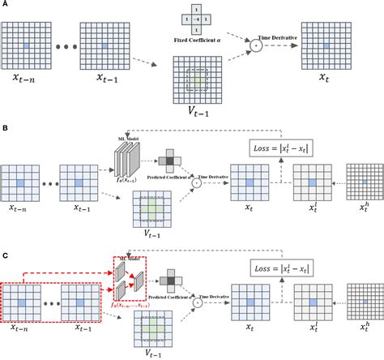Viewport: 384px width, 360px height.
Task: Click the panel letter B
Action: coord(6,128)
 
